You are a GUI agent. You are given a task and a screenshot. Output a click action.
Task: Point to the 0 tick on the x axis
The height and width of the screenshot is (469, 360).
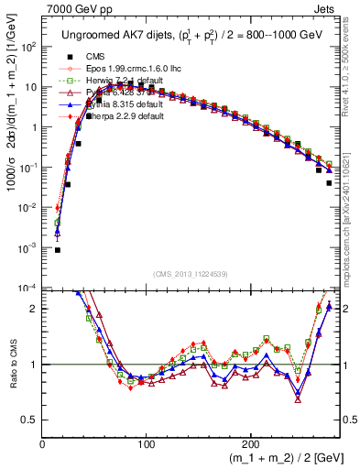(43, 443)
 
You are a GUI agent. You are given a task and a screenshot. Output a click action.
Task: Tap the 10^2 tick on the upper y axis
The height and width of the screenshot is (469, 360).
(27, 47)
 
